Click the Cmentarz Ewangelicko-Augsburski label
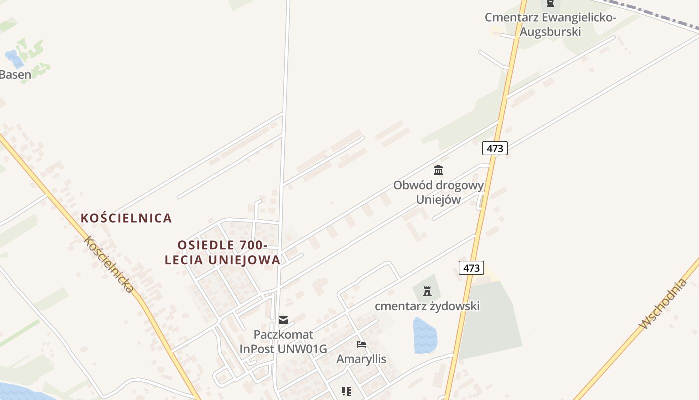[x=550, y=25]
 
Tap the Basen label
[x=15, y=75]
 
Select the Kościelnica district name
[x=126, y=218]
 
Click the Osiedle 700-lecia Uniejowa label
[x=222, y=252]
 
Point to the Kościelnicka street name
[x=109, y=264]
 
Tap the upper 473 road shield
[x=495, y=148]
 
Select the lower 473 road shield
[x=471, y=268]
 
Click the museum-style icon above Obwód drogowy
[x=438, y=170]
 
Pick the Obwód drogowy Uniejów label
[x=438, y=192]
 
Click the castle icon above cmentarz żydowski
[x=427, y=291]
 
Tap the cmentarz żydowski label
[x=427, y=306]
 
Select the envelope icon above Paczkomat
[x=283, y=320]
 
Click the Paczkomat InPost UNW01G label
[x=283, y=341]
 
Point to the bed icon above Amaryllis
[x=361, y=344]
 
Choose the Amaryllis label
[x=361, y=359]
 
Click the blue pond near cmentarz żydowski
[x=425, y=336]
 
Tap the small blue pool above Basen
[x=13, y=59]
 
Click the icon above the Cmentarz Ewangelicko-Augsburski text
[x=550, y=4]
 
